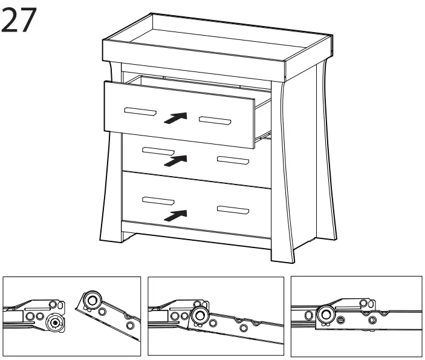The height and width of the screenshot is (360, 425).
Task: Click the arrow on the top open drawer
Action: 175,118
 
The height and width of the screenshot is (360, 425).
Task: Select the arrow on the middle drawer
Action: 175,160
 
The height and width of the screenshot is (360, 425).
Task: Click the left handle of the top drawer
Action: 140,111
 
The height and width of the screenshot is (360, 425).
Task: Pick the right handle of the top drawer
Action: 216,120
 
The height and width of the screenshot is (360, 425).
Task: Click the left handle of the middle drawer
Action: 158,151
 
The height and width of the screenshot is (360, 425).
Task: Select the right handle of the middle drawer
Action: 233,161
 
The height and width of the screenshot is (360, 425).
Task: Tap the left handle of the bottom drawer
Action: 157,200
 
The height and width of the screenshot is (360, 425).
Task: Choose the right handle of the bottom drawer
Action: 233,210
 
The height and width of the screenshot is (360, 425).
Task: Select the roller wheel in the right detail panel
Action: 326,313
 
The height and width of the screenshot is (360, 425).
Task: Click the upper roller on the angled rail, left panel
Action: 93,301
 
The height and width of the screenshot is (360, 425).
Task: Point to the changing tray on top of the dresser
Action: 218,45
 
